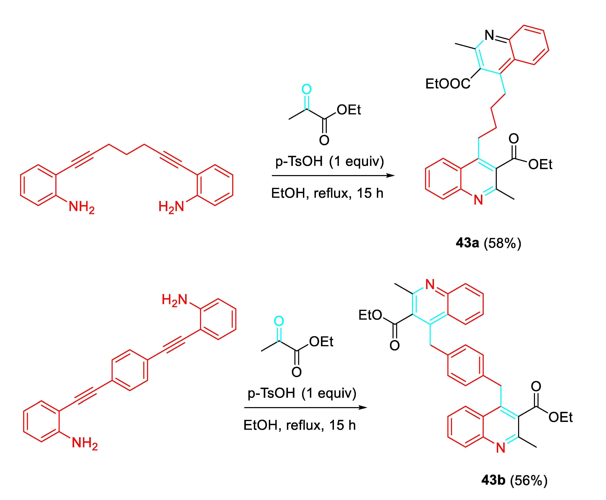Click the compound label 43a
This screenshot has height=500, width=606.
pyautogui.click(x=467, y=243)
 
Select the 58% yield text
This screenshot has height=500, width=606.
pyautogui.click(x=502, y=243)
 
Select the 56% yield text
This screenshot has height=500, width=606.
pyautogui.click(x=528, y=480)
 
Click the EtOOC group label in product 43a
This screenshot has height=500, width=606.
pyautogui.click(x=448, y=84)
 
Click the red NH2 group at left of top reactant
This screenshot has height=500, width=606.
pyautogui.click(x=81, y=207)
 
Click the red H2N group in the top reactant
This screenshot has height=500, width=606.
pyautogui.click(x=171, y=207)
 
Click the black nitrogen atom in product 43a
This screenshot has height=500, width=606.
pyautogui.click(x=489, y=35)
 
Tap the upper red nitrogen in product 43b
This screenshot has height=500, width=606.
pyautogui.click(x=430, y=284)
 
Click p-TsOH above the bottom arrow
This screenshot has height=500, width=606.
pyautogui.click(x=271, y=393)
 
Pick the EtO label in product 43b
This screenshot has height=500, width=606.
pyautogui.click(x=370, y=315)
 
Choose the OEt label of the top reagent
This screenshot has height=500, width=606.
pyautogui.click(x=349, y=110)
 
